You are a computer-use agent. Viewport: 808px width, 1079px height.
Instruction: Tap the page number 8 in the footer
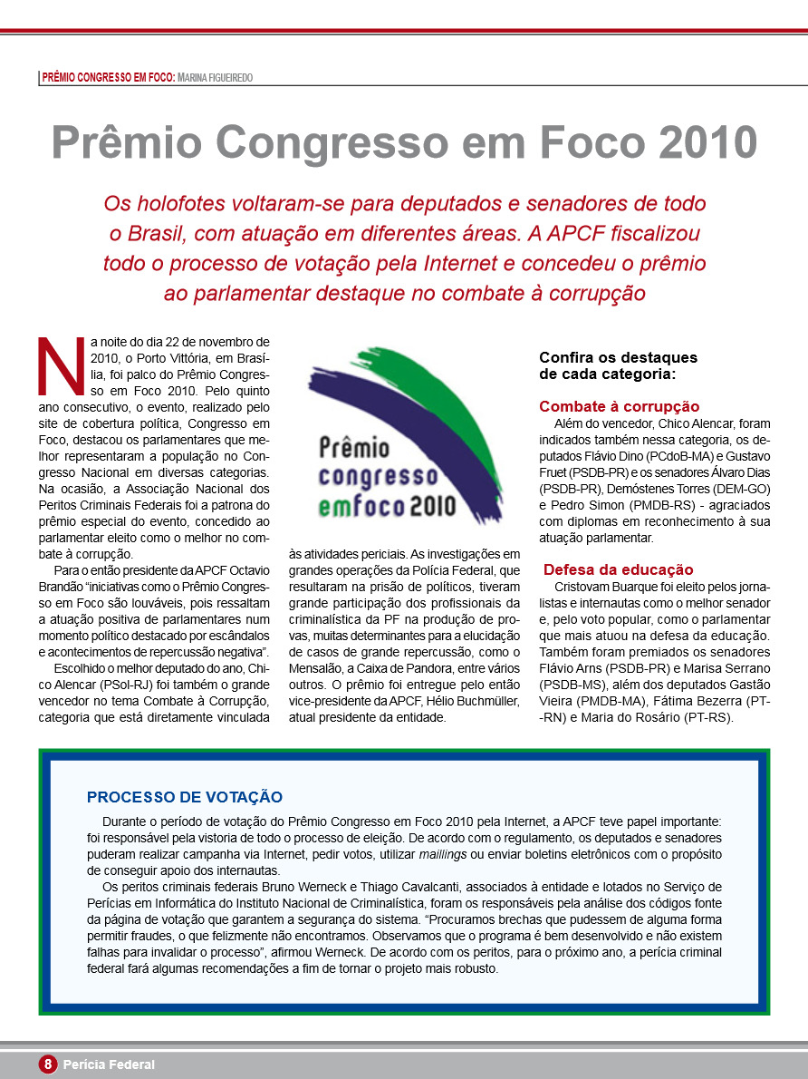pyautogui.click(x=48, y=1064)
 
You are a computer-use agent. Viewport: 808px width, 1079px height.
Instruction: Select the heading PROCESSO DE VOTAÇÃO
pyautogui.click(x=185, y=797)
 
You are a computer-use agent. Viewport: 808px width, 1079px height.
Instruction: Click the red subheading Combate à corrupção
pyautogui.click(x=619, y=406)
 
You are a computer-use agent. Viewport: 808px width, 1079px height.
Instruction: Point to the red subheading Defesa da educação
pyautogui.click(x=618, y=569)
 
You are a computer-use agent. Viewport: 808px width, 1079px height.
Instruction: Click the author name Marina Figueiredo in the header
pyautogui.click(x=216, y=78)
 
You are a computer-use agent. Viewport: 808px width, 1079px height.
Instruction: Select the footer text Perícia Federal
pyautogui.click(x=109, y=1064)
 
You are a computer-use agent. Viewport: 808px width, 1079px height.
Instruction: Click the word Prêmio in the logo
pyautogui.click(x=354, y=448)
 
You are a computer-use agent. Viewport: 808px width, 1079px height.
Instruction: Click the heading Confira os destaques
pyautogui.click(x=618, y=357)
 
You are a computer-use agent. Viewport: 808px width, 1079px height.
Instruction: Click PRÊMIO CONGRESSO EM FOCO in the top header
pyautogui.click(x=108, y=78)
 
